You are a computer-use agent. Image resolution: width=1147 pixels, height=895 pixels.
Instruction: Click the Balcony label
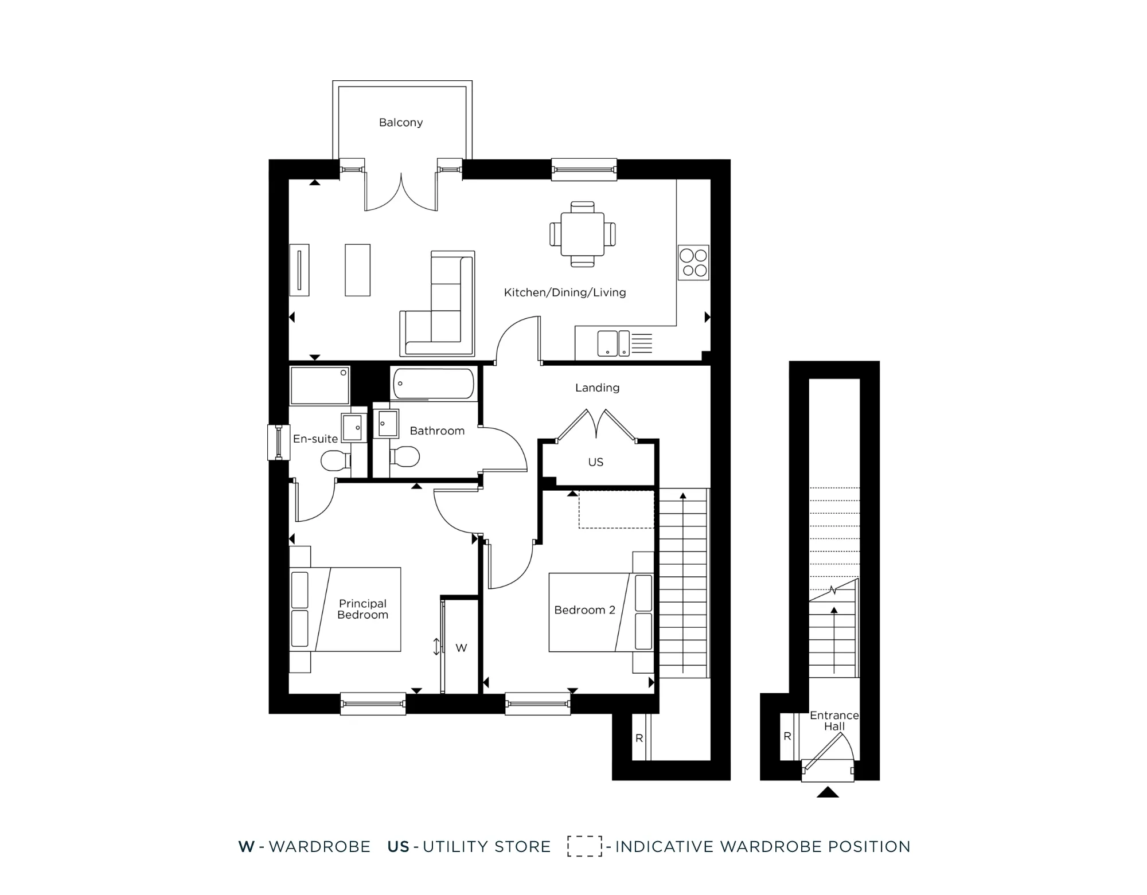coord(401,122)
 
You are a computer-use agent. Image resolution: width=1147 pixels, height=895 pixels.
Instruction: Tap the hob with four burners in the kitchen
coord(693,263)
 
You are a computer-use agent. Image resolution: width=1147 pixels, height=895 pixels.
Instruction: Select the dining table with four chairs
coord(582,234)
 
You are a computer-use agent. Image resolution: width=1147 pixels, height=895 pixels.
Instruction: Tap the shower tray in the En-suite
coord(319,385)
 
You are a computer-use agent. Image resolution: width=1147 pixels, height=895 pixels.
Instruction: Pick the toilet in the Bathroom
coord(405,457)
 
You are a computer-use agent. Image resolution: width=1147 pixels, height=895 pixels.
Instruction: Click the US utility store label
coord(596,462)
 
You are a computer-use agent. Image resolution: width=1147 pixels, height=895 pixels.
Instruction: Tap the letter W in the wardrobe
coord(461,648)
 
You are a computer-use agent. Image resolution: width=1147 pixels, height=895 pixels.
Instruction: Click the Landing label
coord(597,388)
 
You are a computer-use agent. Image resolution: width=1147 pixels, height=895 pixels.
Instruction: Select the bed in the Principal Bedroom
coord(345,609)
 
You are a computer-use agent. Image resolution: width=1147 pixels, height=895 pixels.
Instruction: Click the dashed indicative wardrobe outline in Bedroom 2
coord(616,509)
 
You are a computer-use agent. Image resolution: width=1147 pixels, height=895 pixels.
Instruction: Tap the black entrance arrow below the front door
coord(828,792)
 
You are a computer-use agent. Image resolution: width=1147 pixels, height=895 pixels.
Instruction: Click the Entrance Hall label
coord(834,721)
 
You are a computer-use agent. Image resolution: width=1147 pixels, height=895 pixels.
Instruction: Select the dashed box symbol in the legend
coord(584,846)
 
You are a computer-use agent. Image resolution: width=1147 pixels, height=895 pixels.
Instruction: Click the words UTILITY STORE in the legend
coord(486,847)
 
